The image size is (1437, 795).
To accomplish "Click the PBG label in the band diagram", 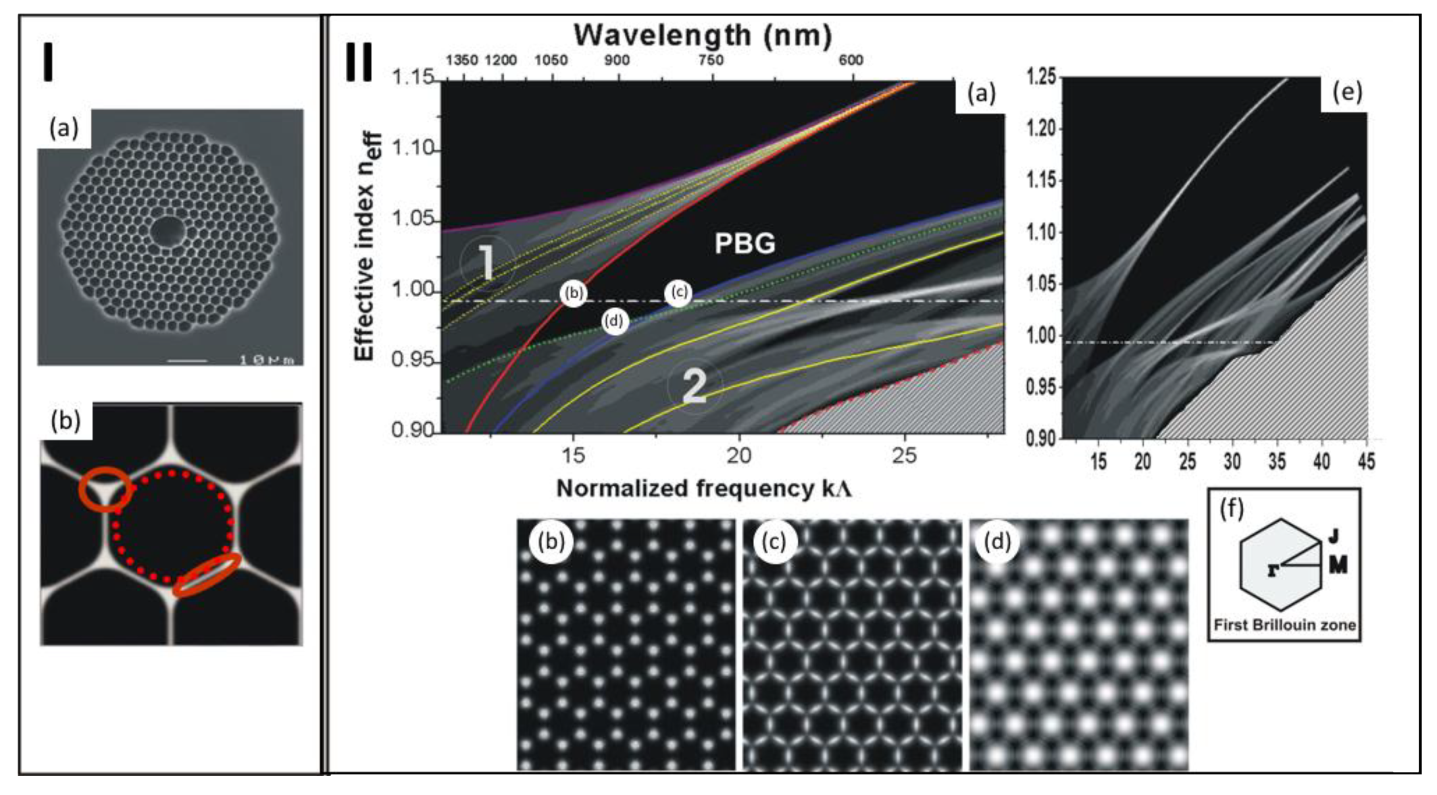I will click(x=745, y=244).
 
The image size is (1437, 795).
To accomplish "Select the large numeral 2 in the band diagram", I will click(x=694, y=386).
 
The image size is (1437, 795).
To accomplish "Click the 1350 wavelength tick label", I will click(x=462, y=60).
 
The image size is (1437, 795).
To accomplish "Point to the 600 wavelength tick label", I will click(x=851, y=60).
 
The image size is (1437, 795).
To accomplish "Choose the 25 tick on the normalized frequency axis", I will click(x=904, y=456).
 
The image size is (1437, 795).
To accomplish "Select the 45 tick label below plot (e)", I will click(x=1366, y=461).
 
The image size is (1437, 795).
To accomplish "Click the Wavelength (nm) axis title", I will click(x=703, y=35).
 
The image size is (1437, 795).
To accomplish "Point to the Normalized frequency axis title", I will click(x=704, y=489).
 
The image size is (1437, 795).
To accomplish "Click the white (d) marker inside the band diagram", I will click(x=615, y=321).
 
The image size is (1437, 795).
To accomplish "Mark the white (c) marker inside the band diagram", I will click(x=678, y=292).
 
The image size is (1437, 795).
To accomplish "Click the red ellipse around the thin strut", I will click(x=207, y=575).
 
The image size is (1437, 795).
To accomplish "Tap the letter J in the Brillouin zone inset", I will click(x=1333, y=537).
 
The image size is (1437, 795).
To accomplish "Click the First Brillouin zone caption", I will click(x=1285, y=625).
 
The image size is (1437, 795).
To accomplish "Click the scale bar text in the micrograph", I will click(x=266, y=360).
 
